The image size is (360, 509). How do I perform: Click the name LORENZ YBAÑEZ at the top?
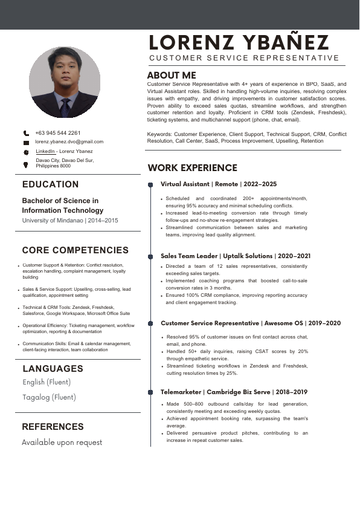(x=239, y=42)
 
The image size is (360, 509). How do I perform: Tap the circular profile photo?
(x=64, y=82)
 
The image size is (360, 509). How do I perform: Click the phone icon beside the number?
(x=26, y=133)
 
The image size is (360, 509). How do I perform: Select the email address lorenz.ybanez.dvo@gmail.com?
(x=69, y=141)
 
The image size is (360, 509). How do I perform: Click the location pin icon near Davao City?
(x=26, y=164)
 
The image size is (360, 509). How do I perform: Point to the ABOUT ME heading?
(x=172, y=75)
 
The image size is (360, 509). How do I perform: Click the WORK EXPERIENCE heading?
(x=193, y=167)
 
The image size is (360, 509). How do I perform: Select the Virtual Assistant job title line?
(x=219, y=184)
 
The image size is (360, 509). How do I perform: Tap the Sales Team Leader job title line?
(x=236, y=256)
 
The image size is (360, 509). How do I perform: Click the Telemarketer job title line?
(x=234, y=392)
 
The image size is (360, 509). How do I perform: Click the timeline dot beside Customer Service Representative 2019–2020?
(x=150, y=324)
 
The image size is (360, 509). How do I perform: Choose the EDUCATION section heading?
(x=50, y=184)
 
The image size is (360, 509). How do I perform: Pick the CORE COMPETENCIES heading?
(x=76, y=250)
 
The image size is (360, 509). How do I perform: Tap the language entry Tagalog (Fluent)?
(x=50, y=397)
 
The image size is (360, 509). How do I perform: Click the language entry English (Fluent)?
(x=47, y=382)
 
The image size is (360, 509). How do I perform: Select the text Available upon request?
(x=62, y=443)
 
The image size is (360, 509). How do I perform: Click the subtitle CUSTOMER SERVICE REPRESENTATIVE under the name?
(x=245, y=58)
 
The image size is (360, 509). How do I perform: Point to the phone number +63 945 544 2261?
(x=58, y=133)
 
